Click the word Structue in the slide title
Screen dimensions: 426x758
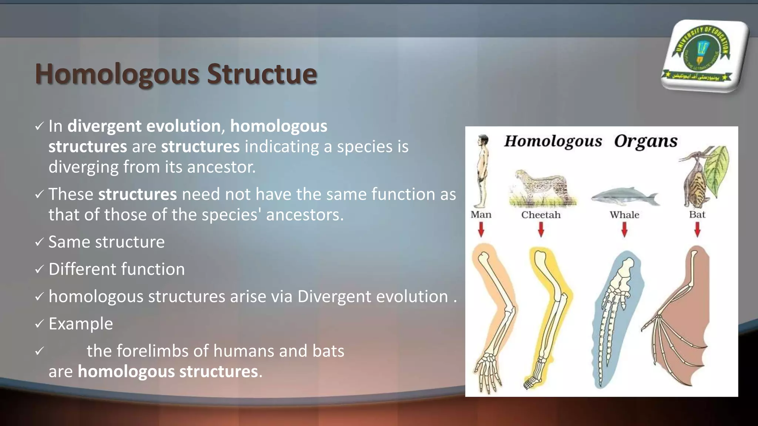262,74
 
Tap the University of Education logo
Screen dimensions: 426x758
702,55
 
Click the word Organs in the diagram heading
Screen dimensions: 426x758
645,141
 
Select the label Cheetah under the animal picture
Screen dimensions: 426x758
541,215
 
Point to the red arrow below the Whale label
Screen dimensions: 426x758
624,230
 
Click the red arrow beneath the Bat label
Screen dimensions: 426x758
697,230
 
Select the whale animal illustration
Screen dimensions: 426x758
625,196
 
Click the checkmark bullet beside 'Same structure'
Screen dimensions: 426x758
39,243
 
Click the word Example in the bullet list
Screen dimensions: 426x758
81,324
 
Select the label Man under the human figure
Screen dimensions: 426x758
481,215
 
